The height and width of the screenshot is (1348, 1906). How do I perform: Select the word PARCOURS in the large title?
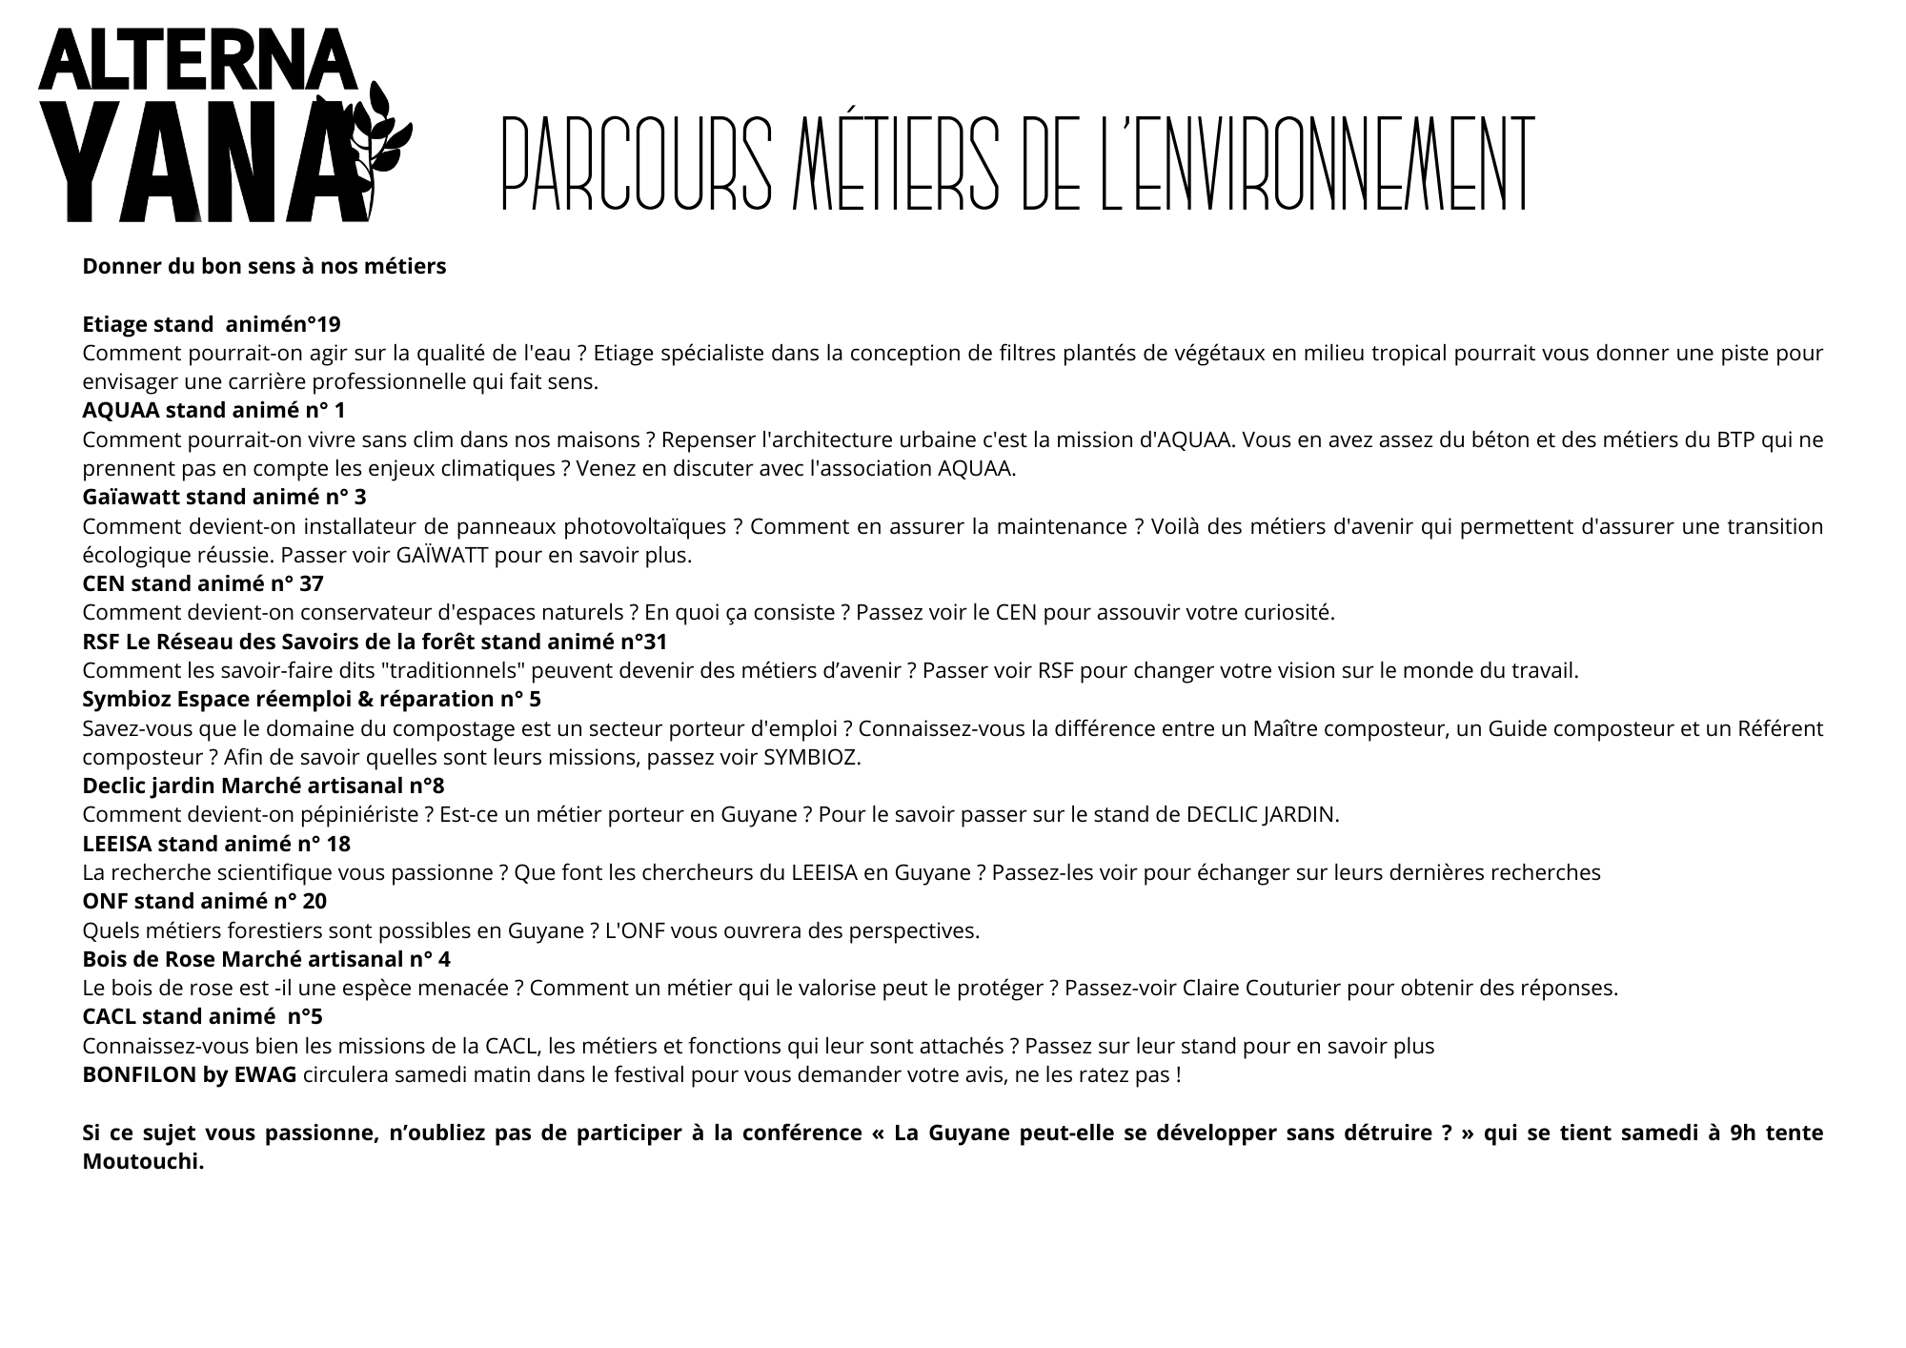(x=636, y=164)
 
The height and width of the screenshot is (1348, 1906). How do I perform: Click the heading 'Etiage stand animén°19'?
(x=211, y=324)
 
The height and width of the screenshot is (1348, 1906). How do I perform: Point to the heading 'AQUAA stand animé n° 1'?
(x=213, y=411)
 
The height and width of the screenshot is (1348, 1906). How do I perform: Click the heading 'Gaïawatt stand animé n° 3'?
(x=224, y=498)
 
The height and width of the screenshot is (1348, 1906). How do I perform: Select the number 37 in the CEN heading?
(x=310, y=583)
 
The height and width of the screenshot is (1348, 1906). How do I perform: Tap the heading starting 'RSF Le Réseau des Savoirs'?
(x=375, y=642)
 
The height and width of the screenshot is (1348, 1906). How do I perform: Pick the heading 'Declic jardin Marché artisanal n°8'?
(x=263, y=786)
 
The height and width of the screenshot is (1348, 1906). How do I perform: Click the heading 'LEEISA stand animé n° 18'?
(x=216, y=844)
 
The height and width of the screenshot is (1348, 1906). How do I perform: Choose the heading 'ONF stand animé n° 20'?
(x=204, y=902)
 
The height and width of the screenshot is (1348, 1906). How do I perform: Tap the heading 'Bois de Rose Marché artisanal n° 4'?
(x=266, y=959)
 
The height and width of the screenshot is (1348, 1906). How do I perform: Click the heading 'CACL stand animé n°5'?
(x=202, y=1017)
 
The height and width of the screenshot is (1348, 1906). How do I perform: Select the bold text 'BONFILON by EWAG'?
(x=190, y=1075)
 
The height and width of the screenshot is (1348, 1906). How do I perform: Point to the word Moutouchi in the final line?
(x=143, y=1163)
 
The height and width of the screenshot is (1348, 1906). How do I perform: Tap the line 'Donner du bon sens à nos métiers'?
(x=264, y=266)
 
